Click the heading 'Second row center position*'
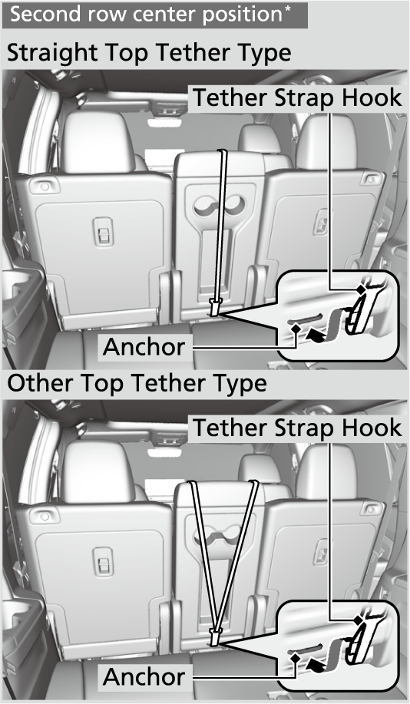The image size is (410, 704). pos(150,15)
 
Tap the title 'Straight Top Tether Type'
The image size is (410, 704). pos(149,53)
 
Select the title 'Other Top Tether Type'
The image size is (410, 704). pos(137,383)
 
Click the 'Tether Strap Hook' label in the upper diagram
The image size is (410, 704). pos(297,98)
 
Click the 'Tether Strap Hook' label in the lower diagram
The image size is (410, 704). pos(297,428)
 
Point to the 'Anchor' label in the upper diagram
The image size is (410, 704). pos(144,346)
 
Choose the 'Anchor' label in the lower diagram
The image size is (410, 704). pos(144,676)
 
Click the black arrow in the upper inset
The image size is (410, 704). pos(316,335)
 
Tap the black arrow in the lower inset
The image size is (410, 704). pos(316,666)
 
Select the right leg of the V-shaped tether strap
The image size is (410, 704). pos(238,557)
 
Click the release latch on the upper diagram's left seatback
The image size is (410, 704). pos(103,232)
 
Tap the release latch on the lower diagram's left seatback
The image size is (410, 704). pos(103,562)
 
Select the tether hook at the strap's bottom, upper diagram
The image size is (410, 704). pos(215,308)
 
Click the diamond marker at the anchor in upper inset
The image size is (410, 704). pos(296,329)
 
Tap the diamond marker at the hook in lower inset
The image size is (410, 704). pos(359,620)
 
